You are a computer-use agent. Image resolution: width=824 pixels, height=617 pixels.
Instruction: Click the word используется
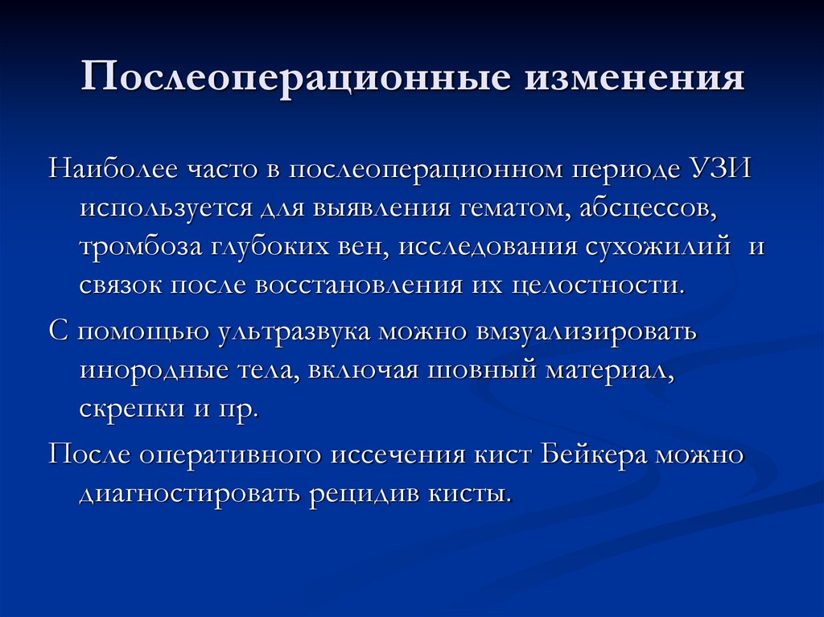pos(163,210)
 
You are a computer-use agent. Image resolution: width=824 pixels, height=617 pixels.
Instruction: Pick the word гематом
pos(512,210)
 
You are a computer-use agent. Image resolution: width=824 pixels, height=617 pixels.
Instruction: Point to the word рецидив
pos(355,492)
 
